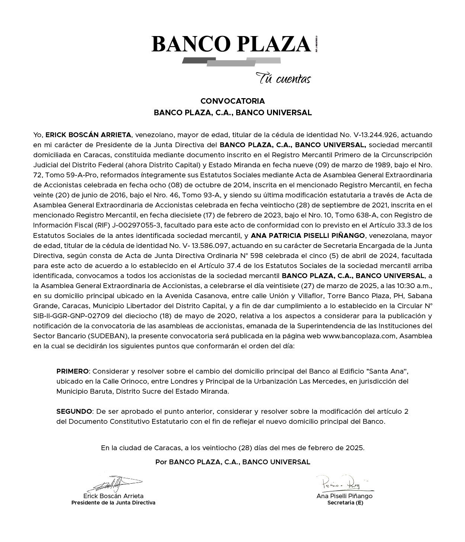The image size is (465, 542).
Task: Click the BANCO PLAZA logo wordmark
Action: pyautogui.click(x=231, y=44)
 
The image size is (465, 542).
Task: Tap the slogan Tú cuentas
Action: pyautogui.click(x=283, y=79)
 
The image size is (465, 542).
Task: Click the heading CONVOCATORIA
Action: pyautogui.click(x=232, y=101)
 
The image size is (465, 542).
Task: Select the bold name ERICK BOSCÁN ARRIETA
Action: pyautogui.click(x=88, y=135)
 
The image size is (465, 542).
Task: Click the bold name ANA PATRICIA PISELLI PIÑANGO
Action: pyautogui.click(x=308, y=235)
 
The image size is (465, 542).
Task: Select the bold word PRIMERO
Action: pyautogui.click(x=73, y=371)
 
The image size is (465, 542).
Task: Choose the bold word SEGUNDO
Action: pyautogui.click(x=74, y=412)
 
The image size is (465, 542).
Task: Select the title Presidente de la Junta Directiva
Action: pyautogui.click(x=113, y=503)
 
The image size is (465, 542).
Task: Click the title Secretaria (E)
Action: pyautogui.click(x=345, y=503)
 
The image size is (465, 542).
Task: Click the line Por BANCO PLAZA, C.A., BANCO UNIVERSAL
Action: pyautogui.click(x=232, y=462)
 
